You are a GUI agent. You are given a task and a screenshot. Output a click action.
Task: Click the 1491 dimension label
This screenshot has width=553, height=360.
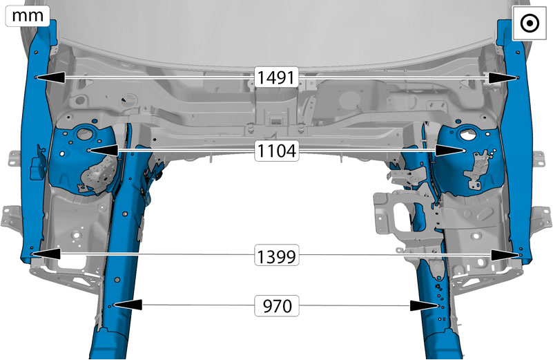276,77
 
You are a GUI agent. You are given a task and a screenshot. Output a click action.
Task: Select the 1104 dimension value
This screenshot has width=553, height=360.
276,151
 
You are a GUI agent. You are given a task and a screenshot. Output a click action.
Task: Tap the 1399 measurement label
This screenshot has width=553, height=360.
276,256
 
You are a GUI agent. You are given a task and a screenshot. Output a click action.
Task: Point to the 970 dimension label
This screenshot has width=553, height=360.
278,305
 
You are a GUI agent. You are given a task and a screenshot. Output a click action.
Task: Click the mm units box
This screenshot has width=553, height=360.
28,16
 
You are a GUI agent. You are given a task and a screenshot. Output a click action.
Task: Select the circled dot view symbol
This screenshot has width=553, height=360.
530,23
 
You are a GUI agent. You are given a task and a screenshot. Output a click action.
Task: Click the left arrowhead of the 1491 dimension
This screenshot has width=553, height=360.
50,77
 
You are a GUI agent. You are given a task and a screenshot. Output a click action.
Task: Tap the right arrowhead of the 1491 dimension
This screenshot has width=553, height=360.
503,78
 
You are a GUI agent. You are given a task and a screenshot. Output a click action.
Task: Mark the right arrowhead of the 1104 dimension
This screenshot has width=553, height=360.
449,151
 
